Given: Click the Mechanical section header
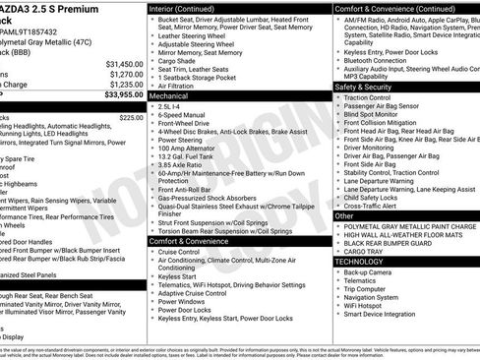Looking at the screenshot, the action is pos(169,97).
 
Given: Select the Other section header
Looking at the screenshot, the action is pos(344,214).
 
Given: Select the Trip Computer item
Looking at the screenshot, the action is pos(371,290).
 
